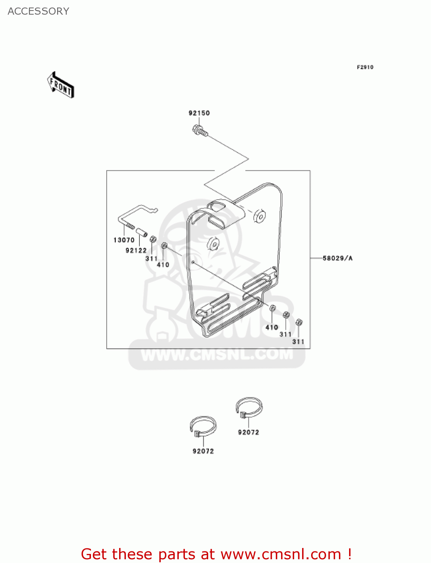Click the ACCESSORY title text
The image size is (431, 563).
click(x=38, y=11)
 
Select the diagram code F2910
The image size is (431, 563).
click(x=365, y=67)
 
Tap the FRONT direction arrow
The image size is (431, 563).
click(x=60, y=85)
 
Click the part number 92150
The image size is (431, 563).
click(x=199, y=113)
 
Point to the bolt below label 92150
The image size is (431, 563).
click(x=199, y=131)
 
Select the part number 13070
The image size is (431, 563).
click(x=124, y=240)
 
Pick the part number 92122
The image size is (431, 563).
click(x=136, y=250)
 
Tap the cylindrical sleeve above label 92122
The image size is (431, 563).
click(x=141, y=232)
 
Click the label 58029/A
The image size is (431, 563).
click(x=337, y=258)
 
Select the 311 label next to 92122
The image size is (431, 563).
click(x=151, y=259)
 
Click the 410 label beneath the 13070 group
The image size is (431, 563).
click(x=163, y=265)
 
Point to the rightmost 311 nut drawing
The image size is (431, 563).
click(x=299, y=322)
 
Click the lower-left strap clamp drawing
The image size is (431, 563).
click(x=203, y=427)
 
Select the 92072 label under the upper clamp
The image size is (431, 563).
click(x=248, y=432)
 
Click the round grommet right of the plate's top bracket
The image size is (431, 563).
click(x=260, y=216)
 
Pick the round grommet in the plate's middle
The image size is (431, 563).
click(x=213, y=244)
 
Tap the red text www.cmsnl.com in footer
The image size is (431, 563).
click(x=281, y=554)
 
